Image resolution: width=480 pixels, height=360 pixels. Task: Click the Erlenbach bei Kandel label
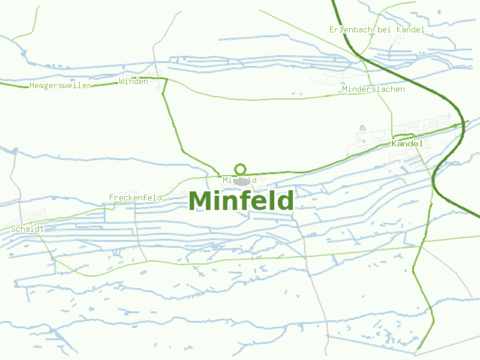click(377, 29)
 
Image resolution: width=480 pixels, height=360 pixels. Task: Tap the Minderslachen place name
click(373, 89)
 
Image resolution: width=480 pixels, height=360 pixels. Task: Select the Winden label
click(133, 82)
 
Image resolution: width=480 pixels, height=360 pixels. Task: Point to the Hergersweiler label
click(60, 86)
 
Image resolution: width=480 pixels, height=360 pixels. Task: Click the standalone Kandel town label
click(407, 144)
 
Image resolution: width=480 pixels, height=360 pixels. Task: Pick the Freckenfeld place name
click(136, 197)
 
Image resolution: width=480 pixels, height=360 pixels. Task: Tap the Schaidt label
click(28, 229)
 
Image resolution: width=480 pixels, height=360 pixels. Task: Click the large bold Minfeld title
click(241, 201)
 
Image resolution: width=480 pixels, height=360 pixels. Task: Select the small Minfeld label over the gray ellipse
click(239, 180)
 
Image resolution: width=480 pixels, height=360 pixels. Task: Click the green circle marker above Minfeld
click(241, 169)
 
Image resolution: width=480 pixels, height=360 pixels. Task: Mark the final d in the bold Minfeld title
click(286, 201)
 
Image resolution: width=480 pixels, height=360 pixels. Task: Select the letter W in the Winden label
click(122, 82)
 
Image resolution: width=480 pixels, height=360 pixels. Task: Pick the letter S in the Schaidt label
click(13, 229)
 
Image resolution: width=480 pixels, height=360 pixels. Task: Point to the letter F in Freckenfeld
click(112, 197)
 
